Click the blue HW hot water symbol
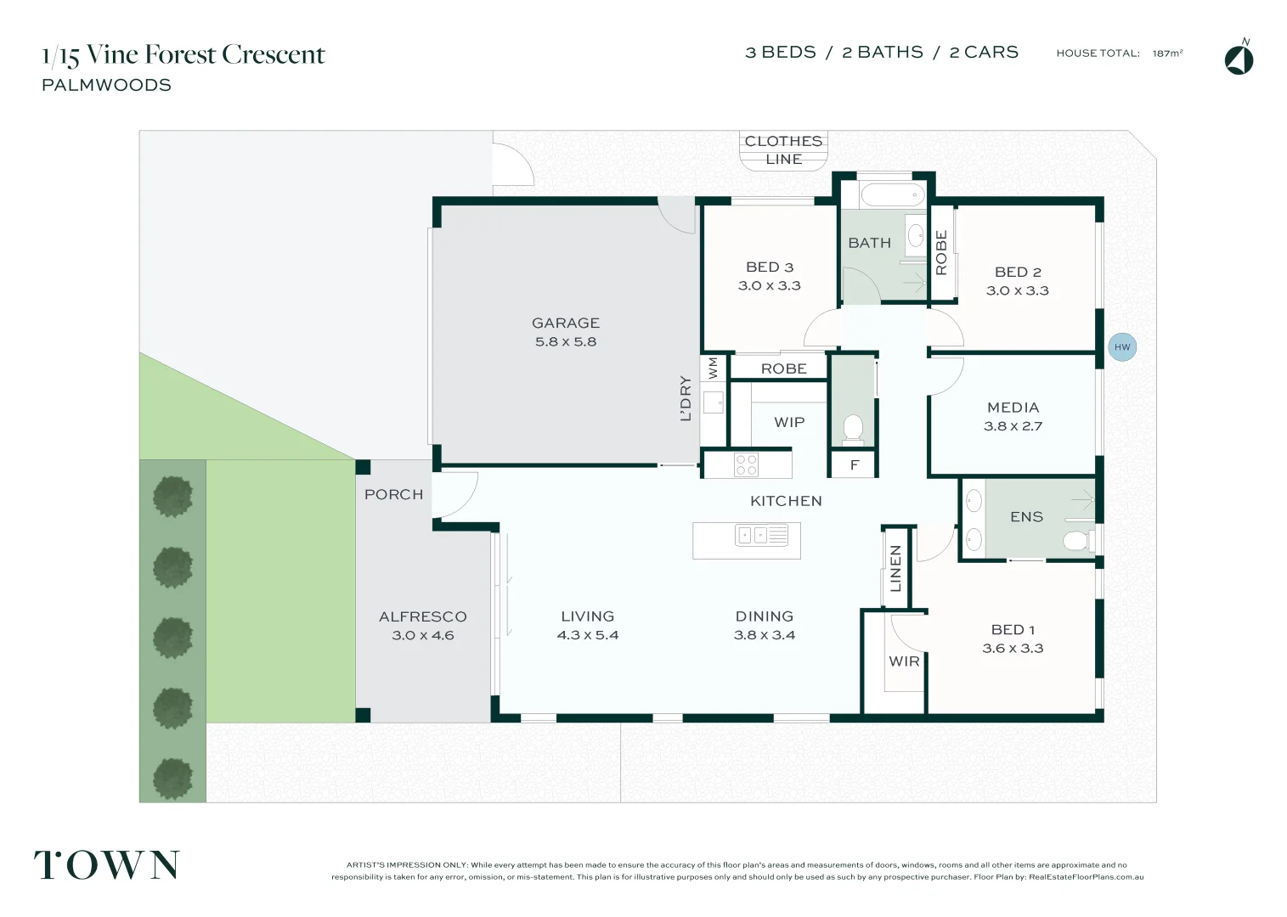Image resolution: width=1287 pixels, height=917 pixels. pos(1121,346)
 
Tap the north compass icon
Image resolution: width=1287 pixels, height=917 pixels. pos(1239,59)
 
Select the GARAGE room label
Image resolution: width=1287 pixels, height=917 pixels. pos(566,323)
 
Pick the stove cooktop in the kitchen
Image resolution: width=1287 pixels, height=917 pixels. pos(747,464)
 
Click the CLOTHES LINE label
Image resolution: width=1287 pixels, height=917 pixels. pos(783,150)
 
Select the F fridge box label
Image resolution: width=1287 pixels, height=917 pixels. pos(855,465)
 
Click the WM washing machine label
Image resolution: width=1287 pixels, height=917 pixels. pos(713,368)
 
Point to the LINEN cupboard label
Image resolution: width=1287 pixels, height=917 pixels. pos(895,569)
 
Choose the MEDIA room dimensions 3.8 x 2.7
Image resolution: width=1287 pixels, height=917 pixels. pos(1013,426)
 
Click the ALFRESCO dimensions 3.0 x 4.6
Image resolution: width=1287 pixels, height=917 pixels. pos(423,635)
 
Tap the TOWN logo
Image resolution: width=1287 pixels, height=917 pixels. pos(107,864)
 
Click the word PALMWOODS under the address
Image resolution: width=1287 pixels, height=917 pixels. pos(106,85)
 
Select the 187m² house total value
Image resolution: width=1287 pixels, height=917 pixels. pos(1167,53)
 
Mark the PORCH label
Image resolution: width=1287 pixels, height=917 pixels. pos(393,494)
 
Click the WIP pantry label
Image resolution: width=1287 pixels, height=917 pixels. pos(789,422)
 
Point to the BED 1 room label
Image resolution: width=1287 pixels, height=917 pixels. pos(1013,629)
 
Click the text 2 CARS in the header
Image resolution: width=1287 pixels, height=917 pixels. pos(984,53)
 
